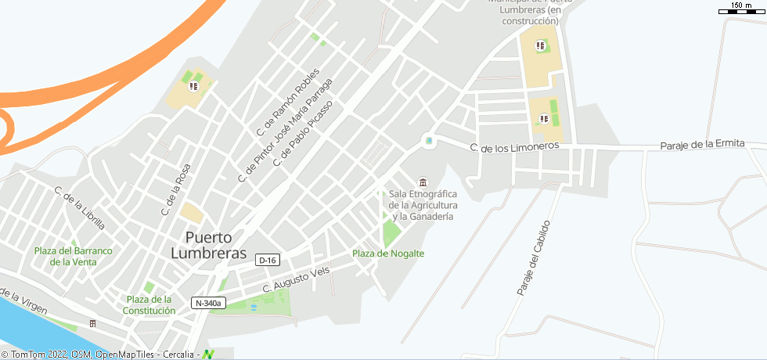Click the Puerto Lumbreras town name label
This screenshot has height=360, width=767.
pos(208,245)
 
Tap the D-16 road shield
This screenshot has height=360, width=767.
pos(268,260)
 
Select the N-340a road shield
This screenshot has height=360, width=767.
pos(208,303)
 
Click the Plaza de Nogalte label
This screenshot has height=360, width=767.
pos(388,254)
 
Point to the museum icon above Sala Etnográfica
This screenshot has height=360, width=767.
pos(423,182)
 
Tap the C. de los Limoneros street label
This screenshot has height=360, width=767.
pos(514,147)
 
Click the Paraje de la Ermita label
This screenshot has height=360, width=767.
pos(701,145)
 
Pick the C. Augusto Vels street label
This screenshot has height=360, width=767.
pos(296,279)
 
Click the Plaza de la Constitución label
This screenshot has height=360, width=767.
pos(149,304)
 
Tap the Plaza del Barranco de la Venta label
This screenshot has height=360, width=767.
pos(74,256)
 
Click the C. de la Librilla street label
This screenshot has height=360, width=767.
pos(79,207)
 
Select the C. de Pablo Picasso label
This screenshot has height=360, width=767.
pos(302,134)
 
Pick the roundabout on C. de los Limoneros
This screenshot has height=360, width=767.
pos(428,141)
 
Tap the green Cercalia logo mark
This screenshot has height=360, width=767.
pos(208,355)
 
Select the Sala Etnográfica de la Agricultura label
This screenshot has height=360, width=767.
pos(423,204)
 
